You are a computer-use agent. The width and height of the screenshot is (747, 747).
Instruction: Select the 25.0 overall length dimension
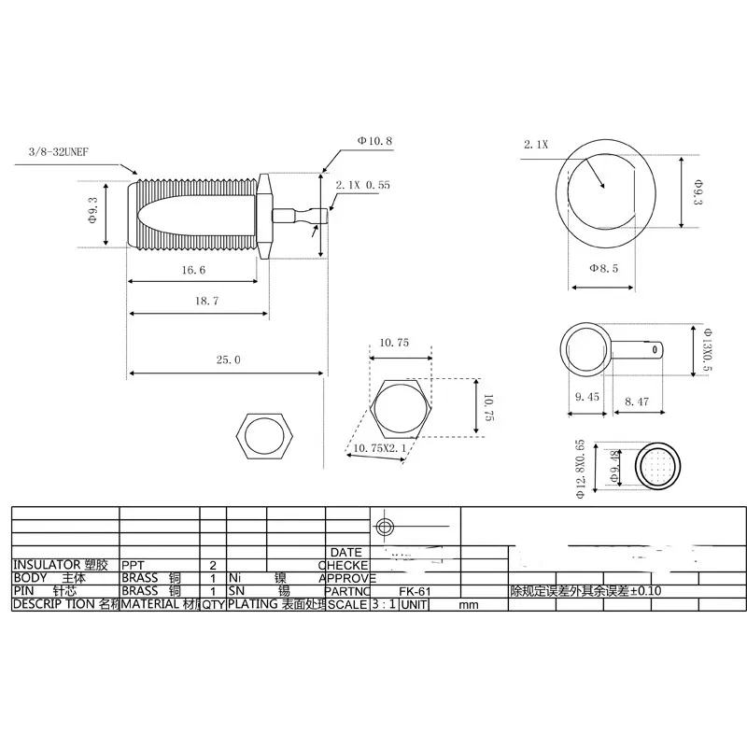pos(228,359)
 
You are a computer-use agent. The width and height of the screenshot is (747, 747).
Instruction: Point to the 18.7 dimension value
pos(202,301)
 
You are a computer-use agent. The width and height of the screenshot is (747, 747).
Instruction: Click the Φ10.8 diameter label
pos(373,141)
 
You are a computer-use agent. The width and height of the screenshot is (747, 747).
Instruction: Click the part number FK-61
pos(408,591)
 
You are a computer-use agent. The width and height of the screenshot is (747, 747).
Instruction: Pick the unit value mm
pos(468,604)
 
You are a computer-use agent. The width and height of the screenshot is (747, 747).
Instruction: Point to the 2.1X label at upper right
pos(536,145)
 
